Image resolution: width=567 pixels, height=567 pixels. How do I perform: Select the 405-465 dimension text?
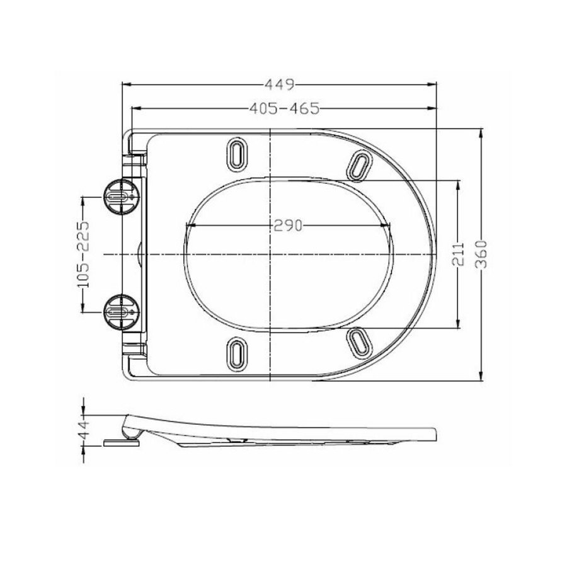point(283,109)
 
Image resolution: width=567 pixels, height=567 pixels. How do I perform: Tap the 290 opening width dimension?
point(287,225)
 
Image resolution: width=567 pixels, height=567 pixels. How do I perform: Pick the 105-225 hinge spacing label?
point(83,254)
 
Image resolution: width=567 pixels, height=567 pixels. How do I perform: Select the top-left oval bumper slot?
point(236,153)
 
